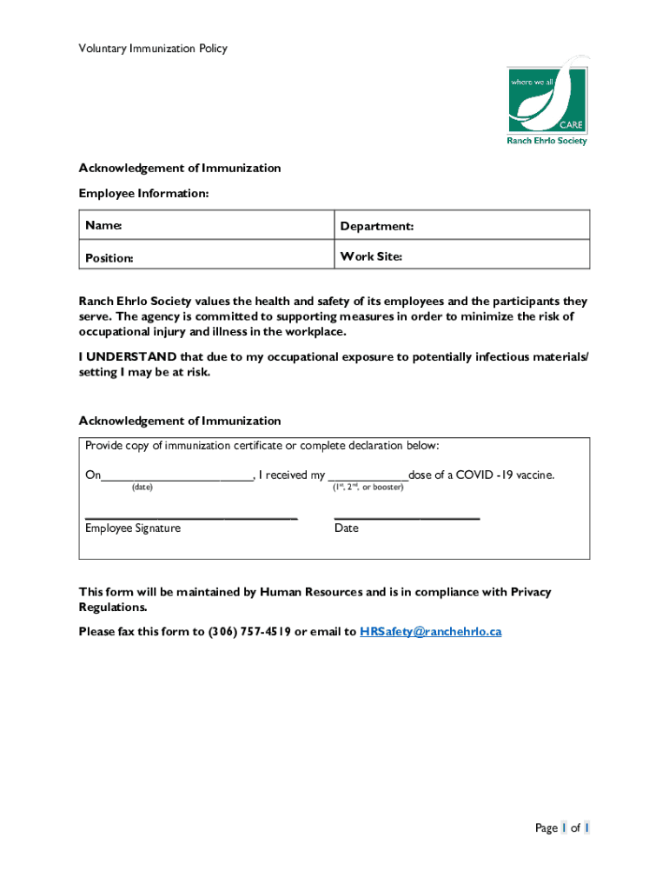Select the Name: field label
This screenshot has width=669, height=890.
(103, 226)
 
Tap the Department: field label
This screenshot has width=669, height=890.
(377, 226)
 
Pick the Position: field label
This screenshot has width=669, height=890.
(109, 258)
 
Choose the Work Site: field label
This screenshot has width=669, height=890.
(371, 257)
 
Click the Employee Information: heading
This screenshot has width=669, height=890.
(143, 193)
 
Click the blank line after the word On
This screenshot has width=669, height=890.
(176, 475)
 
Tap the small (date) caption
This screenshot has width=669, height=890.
(142, 488)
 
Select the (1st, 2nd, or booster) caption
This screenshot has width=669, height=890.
(368, 488)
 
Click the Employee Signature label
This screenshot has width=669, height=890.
(133, 528)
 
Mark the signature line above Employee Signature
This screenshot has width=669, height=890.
(191, 518)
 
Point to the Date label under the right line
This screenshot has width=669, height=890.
(346, 528)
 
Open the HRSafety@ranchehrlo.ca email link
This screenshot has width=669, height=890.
(430, 632)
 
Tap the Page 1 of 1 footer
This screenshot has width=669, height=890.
(562, 828)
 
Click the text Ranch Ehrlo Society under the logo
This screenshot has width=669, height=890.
(547, 141)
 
